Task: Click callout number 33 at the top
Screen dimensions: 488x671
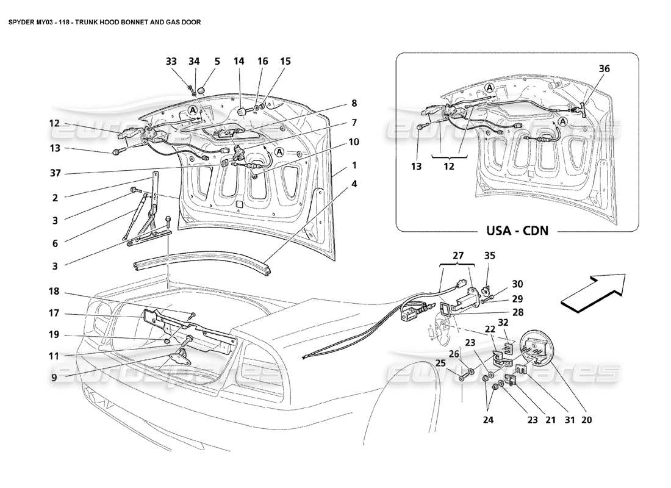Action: [171, 61]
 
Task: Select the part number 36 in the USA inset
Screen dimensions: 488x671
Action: [587, 69]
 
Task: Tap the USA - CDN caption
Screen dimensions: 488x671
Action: [517, 231]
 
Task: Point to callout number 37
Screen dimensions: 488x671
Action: [54, 173]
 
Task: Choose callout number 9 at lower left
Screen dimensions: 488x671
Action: [54, 377]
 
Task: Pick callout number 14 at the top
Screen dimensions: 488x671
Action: [239, 61]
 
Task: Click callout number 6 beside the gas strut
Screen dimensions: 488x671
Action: [54, 242]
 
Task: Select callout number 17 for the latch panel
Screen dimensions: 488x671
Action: [54, 314]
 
